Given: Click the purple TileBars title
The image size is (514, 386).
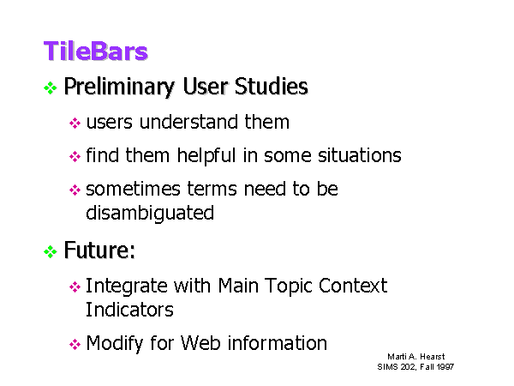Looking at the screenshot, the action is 95,51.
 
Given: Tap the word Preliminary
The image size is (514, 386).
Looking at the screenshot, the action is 119,87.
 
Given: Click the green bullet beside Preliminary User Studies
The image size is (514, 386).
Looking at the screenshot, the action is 51,87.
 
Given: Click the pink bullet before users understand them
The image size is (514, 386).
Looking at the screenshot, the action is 75,123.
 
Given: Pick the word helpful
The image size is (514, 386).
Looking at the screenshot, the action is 206,155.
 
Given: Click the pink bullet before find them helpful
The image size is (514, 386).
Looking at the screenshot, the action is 75,156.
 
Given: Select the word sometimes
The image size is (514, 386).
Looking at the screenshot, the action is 133,189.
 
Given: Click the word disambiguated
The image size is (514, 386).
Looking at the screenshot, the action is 150,214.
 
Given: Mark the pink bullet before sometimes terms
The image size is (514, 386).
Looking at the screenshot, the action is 75,190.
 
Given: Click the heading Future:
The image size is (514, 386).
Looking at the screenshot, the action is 99,250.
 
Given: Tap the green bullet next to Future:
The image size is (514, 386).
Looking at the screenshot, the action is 51,251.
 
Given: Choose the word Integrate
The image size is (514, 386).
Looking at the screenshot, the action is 127,286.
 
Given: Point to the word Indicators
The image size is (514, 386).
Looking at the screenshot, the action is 129,310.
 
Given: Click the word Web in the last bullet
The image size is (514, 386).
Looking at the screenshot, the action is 200,343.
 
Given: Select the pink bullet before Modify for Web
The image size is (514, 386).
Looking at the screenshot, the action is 75,344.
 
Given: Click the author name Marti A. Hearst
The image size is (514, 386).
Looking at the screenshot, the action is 416,357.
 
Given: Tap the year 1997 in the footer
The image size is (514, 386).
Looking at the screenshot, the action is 445,366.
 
